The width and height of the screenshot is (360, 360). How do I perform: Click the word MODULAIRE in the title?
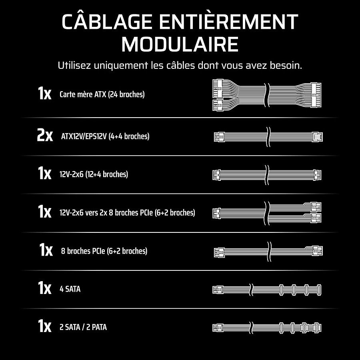pyautogui.click(x=180, y=44)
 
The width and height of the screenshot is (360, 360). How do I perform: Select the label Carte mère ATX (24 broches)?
pyautogui.click(x=102, y=94)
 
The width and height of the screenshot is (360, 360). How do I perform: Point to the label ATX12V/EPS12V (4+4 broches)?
pyautogui.click(x=105, y=136)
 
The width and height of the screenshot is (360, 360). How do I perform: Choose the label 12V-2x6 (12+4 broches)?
pyautogui.click(x=94, y=174)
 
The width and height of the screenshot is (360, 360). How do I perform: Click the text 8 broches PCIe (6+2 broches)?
pyautogui.click(x=104, y=251)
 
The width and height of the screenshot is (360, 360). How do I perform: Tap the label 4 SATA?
pyautogui.click(x=70, y=289)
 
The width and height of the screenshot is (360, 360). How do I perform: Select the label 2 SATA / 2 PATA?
pyautogui.click(x=83, y=327)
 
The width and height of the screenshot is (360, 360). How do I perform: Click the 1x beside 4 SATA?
pyautogui.click(x=44, y=288)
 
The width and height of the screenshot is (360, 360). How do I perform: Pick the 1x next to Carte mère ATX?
pyautogui.click(x=44, y=93)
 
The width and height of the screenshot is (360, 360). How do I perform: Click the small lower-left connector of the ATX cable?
pyautogui.click(x=218, y=105)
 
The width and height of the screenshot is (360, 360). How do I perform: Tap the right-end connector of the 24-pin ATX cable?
pyautogui.click(x=316, y=95)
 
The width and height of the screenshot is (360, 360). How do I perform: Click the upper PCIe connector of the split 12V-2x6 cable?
pyautogui.click(x=316, y=207)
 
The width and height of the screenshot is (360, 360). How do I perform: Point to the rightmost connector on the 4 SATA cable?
pyautogui.click(x=319, y=290)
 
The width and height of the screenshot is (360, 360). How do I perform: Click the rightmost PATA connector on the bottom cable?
pyautogui.click(x=317, y=328)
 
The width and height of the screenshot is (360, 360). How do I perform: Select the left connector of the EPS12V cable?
pyautogui.click(x=219, y=137)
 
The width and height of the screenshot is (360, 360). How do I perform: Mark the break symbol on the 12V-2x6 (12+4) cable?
pyautogui.click(x=266, y=175)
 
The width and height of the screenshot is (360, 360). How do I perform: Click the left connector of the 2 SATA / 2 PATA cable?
pyautogui.click(x=218, y=328)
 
